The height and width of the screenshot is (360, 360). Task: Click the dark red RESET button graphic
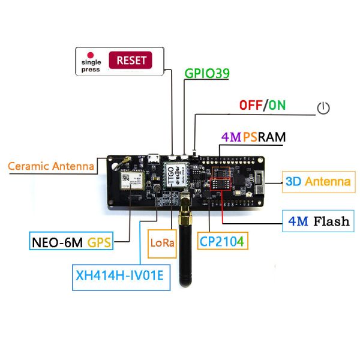point(130,60)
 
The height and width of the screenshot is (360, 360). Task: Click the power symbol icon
point(323,108)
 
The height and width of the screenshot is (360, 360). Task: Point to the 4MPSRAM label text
point(253,137)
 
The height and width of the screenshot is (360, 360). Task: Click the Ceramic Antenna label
point(51,166)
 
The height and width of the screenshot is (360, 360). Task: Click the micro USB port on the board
point(154,160)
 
